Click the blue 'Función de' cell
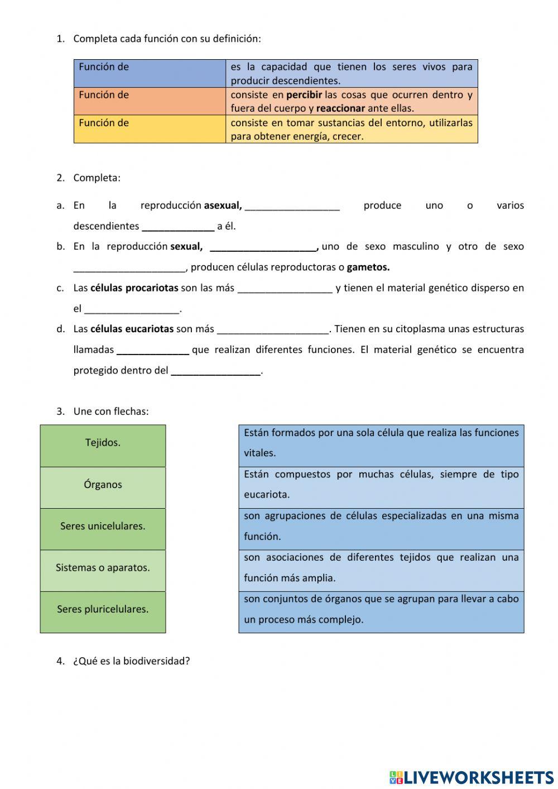150,73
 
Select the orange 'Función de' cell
150,101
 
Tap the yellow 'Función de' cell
150,129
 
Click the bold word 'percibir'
304,95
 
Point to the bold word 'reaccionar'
340,108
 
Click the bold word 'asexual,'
223,205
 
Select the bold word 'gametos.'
368,267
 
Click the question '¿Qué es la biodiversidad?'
131,661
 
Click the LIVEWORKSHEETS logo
472,777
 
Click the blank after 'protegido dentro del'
216,371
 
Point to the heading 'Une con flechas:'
111,412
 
